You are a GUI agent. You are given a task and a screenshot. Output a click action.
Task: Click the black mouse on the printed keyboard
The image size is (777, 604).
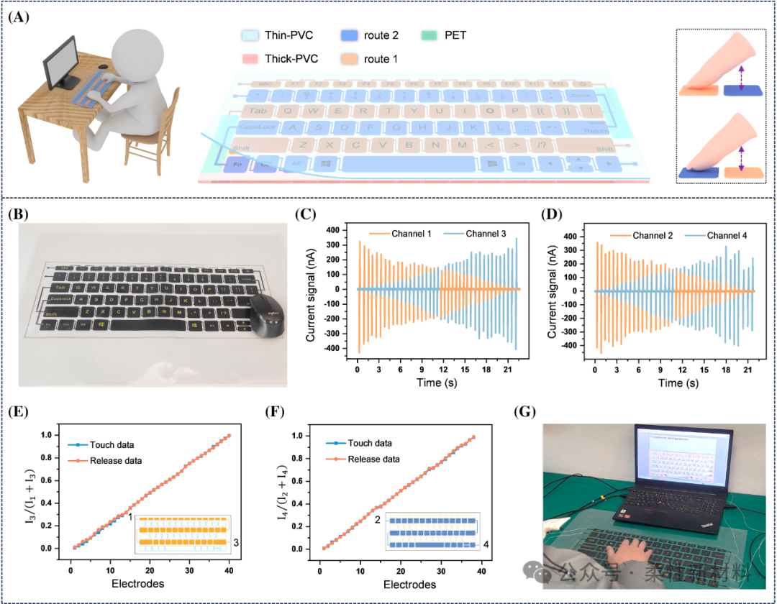(x=265, y=316)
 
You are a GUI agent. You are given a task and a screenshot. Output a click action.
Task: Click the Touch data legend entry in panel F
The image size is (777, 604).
(x=355, y=444)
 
